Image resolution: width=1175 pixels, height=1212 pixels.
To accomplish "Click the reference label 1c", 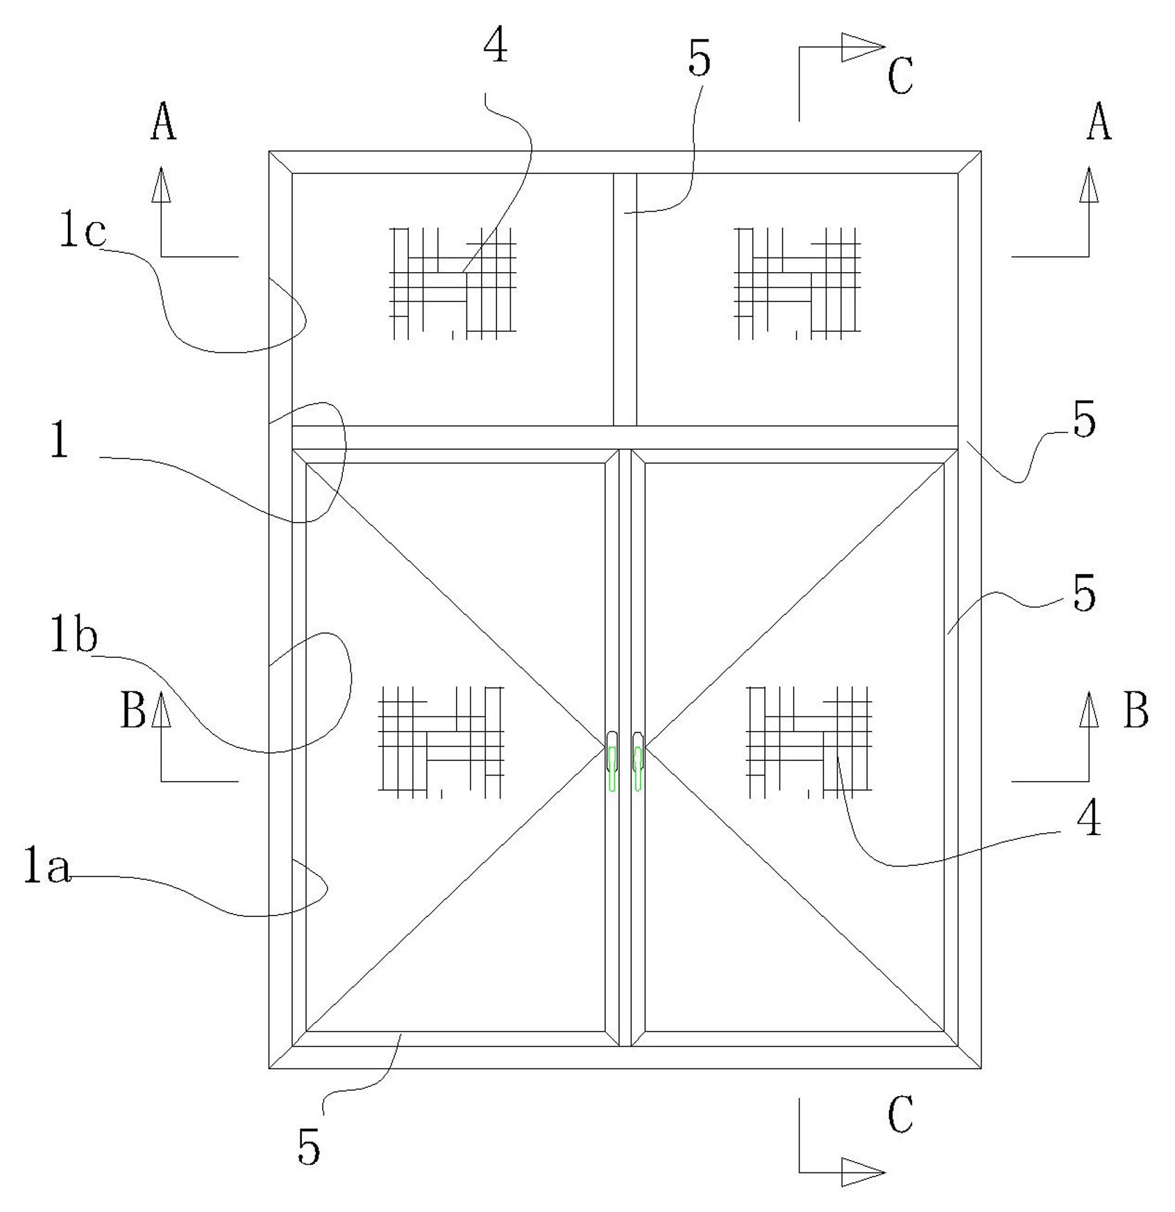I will (x=82, y=233).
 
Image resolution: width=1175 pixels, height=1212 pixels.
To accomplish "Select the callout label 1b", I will (x=73, y=636).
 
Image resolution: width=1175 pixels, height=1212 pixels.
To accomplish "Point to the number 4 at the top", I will (x=496, y=47).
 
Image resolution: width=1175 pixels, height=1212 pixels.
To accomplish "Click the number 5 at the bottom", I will (x=309, y=1146).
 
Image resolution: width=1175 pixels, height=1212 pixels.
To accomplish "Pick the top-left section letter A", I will (x=163, y=122).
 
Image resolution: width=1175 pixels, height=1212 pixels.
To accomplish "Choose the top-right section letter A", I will (x=1099, y=122).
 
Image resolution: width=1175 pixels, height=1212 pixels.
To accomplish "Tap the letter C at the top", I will (x=900, y=76).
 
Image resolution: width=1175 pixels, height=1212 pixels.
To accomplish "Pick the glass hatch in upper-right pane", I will (x=797, y=283).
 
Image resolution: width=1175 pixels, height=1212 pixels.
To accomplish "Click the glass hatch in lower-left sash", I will (x=441, y=741).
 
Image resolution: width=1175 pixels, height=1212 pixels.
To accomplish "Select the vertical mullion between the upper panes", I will (x=625, y=299).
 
